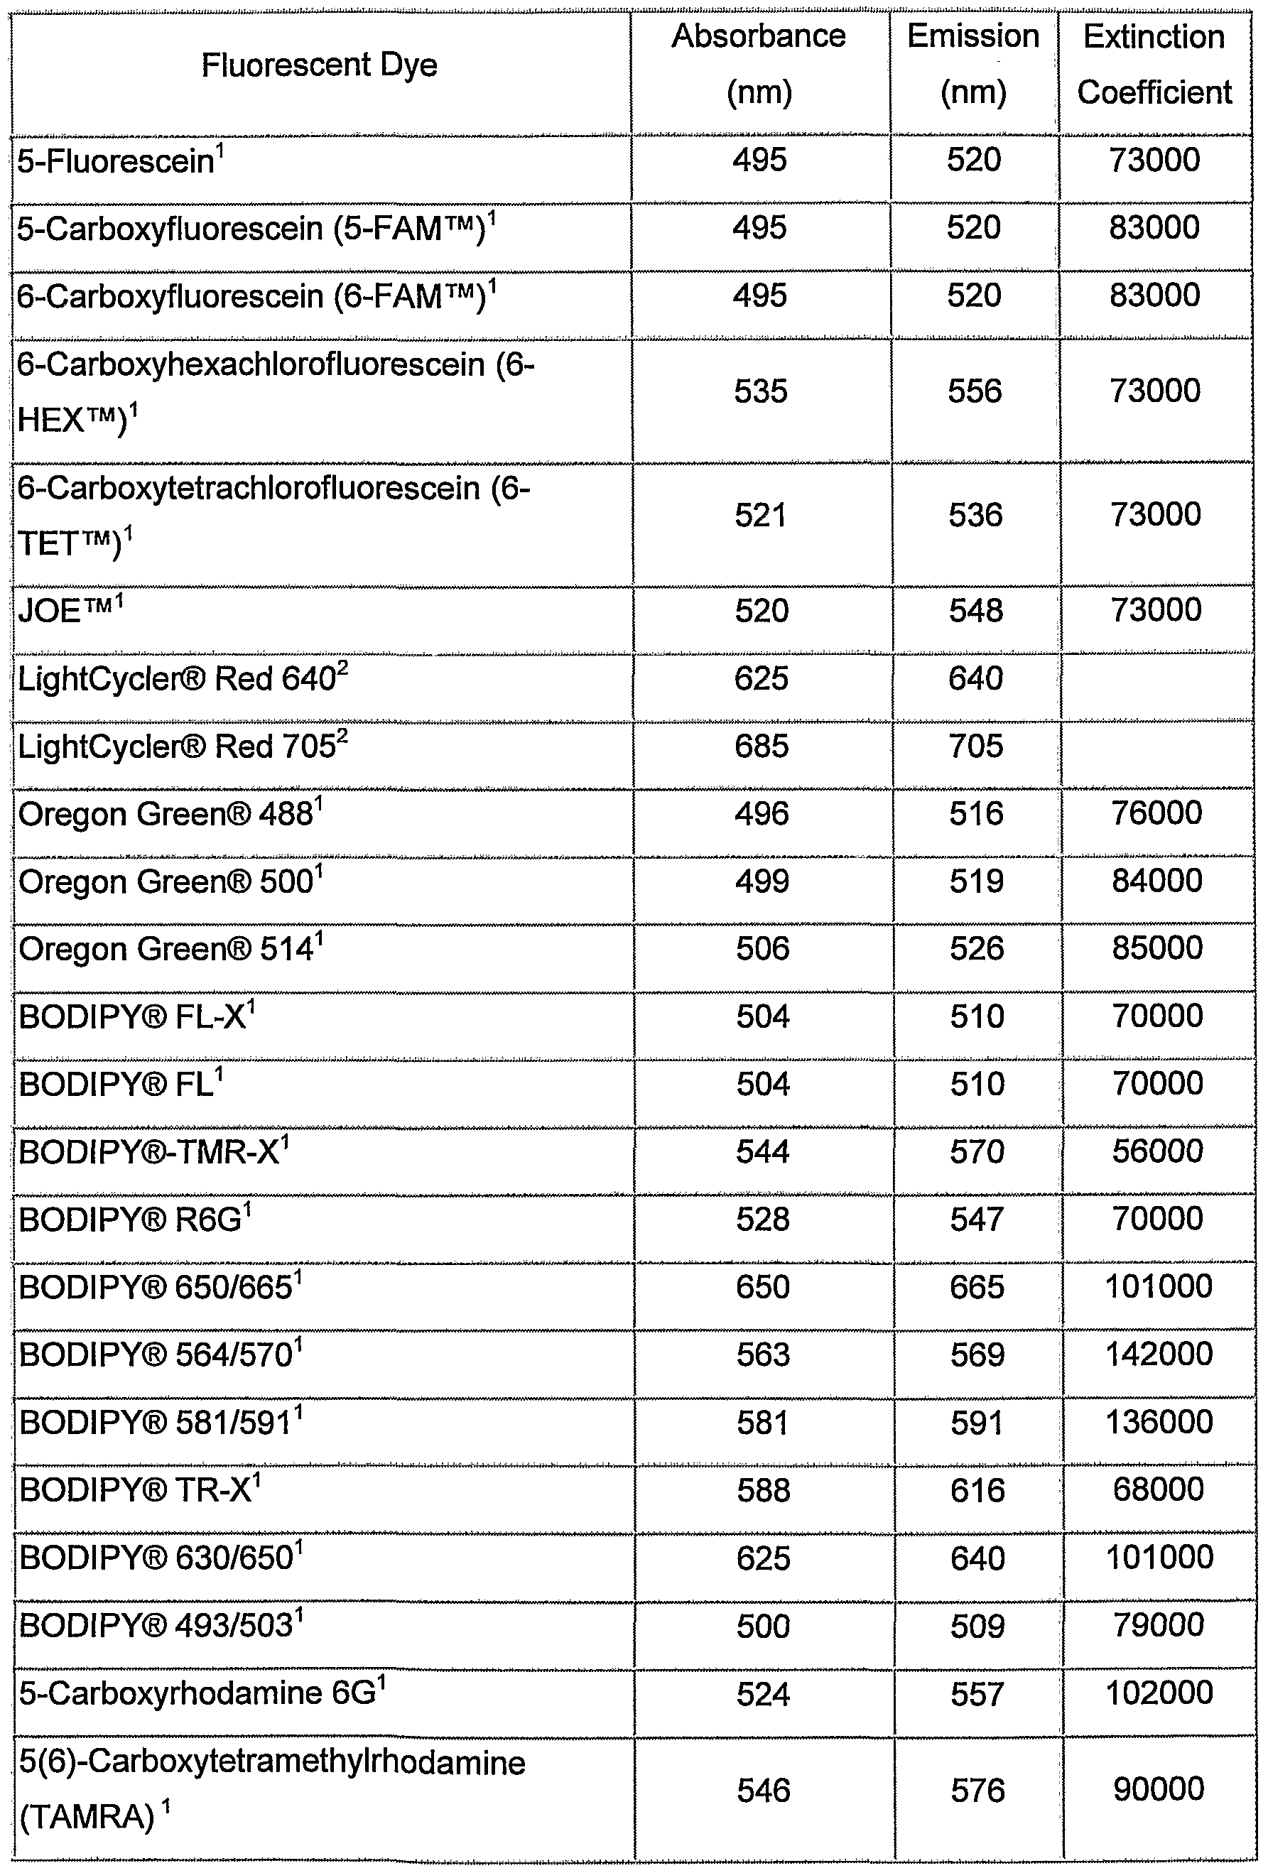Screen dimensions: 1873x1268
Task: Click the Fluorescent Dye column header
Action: click(318, 65)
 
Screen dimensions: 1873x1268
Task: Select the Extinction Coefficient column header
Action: click(1154, 65)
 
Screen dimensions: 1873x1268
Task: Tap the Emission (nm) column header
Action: click(973, 65)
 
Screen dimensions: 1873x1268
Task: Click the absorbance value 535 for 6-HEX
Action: click(760, 391)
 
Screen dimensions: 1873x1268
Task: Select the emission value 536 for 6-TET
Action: click(975, 516)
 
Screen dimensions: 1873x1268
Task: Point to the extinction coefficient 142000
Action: click(1159, 1354)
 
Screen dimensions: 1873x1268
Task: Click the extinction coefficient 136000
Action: click(1159, 1422)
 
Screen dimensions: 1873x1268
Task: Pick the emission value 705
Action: click(975, 747)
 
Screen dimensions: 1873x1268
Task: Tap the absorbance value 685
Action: click(761, 747)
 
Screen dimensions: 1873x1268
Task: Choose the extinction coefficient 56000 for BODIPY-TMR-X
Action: click(1158, 1151)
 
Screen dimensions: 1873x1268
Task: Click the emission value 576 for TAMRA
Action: click(977, 1791)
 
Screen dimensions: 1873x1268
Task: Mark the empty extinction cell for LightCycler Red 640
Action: click(1156, 678)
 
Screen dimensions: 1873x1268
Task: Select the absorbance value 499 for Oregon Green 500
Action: click(762, 881)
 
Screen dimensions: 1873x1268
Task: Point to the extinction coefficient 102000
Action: click(1159, 1693)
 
